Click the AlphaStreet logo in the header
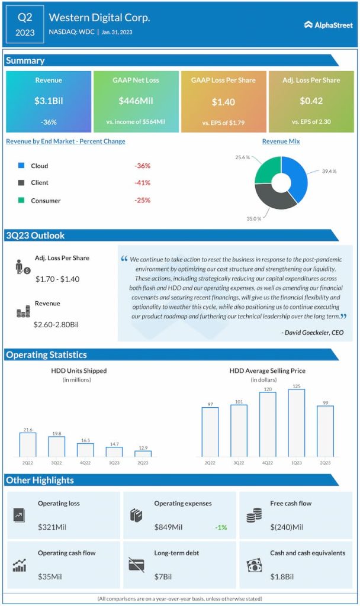coord(329,25)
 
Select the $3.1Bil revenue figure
coord(49,101)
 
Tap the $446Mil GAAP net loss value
coord(136,101)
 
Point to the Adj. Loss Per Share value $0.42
coord(311,101)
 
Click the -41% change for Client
coord(142,183)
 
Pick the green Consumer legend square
coord(21,201)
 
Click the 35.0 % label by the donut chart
coord(253,218)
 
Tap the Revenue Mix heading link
coord(281,141)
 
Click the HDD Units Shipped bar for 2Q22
coord(27,444)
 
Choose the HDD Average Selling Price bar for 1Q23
coord(296,423)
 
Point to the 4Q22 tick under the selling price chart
coord(268,462)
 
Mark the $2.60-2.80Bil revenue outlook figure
coord(57,324)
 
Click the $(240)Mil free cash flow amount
coord(287,527)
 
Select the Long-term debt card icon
coord(136,565)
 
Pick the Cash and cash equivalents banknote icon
coord(253,565)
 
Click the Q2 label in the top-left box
coord(25,17)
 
